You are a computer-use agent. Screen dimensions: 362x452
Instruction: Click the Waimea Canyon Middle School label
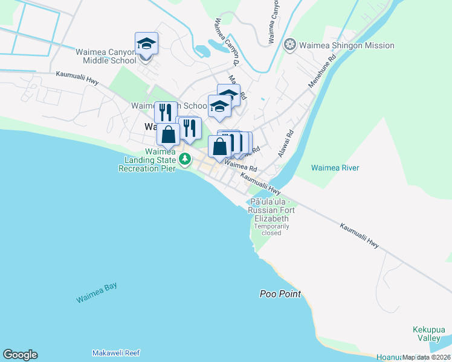(106, 56)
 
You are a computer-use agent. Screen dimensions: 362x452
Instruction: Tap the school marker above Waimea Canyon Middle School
(146, 44)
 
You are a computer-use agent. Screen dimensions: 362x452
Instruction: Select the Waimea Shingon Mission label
(347, 45)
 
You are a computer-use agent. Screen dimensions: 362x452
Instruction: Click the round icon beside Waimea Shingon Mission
(291, 45)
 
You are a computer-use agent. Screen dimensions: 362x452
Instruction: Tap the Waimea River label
(335, 168)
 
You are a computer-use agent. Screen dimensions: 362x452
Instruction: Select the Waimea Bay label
(97, 293)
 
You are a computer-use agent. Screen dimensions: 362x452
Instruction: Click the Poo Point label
(280, 294)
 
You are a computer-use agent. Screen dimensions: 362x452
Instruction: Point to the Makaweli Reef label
(116, 352)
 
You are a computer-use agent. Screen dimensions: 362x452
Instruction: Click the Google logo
(20, 355)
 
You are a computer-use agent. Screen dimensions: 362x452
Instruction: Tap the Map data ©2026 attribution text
(426, 357)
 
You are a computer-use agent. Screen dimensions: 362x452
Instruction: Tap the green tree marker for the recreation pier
(185, 159)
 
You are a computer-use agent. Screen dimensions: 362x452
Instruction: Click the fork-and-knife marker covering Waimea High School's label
(166, 112)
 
